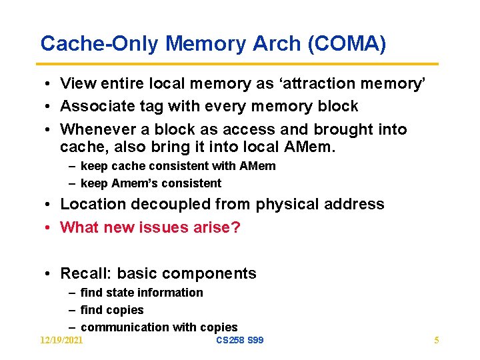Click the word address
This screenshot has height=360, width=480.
(357, 204)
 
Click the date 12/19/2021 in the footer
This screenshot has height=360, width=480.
(61, 341)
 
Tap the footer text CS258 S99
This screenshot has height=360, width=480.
(240, 341)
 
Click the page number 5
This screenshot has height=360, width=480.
(436, 341)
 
